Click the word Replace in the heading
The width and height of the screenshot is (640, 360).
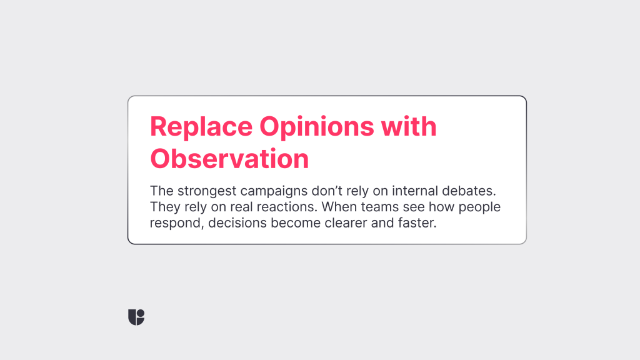click(x=201, y=127)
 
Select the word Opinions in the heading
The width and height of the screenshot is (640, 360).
click(x=317, y=127)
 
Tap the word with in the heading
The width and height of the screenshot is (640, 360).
click(x=409, y=126)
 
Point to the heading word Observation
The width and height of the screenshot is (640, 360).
click(x=229, y=158)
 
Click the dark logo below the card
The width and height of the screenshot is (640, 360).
click(x=136, y=317)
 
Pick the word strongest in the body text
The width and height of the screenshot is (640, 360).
click(x=207, y=191)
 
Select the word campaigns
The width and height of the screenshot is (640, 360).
click(x=274, y=191)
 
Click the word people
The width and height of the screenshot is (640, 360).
click(x=479, y=207)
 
